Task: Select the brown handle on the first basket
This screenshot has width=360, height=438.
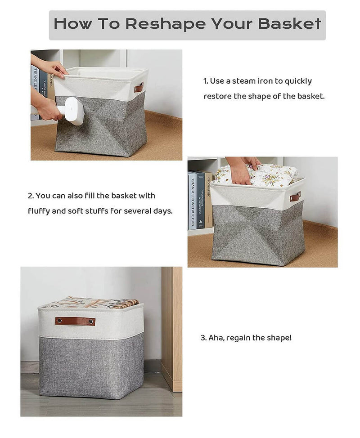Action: coord(139,88)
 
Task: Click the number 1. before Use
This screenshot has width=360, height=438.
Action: coord(206,81)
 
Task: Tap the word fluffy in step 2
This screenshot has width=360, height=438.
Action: coord(39,211)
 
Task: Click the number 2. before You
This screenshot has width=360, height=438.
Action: coord(31,196)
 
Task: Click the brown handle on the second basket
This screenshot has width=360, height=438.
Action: coord(295,197)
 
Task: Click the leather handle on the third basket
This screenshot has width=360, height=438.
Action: coord(75,321)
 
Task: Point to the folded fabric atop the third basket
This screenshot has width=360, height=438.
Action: coord(85,302)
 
